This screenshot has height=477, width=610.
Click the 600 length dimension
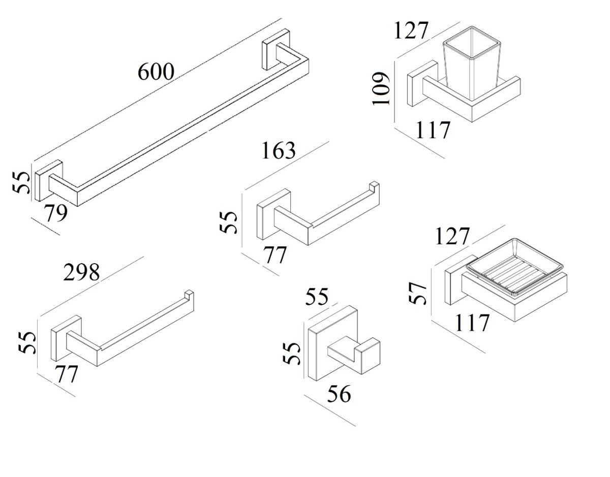click(x=156, y=73)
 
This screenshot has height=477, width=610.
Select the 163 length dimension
click(x=278, y=150)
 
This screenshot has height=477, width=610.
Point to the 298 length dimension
click(x=81, y=273)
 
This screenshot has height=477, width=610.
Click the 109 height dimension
click(x=381, y=88)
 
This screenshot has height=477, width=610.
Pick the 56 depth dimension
click(x=339, y=394)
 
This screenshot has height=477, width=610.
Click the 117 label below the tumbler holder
click(x=432, y=130)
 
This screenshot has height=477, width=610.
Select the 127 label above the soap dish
click(x=453, y=236)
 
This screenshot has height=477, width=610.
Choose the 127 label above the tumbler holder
click(x=412, y=30)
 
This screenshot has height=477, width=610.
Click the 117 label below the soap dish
click(x=471, y=323)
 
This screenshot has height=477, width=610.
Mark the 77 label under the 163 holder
click(x=274, y=255)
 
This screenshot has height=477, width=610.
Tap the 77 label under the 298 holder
click(x=67, y=374)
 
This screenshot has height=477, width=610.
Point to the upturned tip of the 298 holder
click(x=189, y=295)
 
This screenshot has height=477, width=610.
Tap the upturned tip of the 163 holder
click(x=375, y=185)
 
